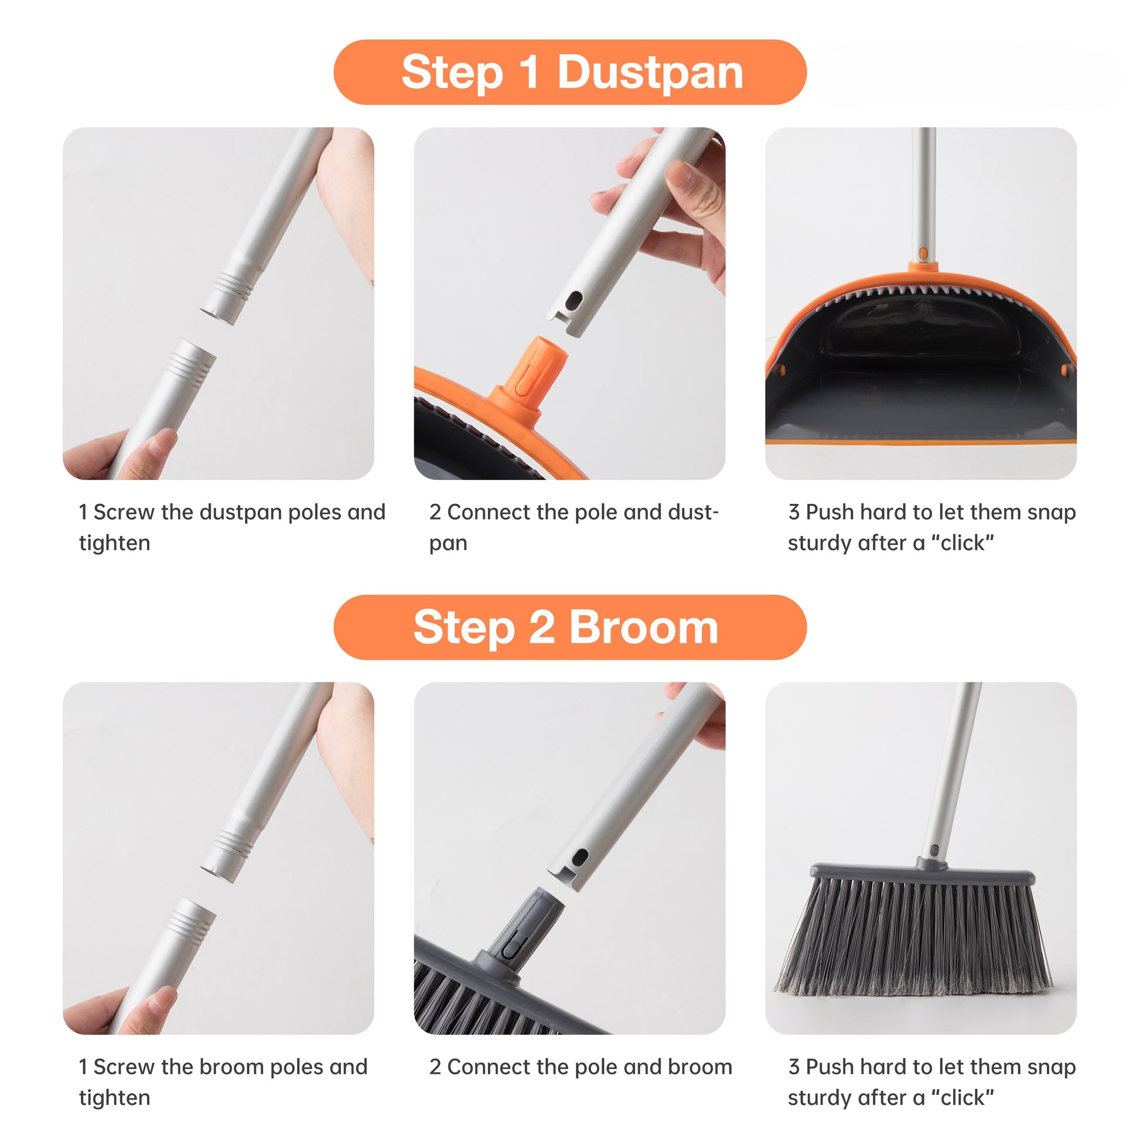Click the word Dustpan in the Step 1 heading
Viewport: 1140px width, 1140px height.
[650, 73]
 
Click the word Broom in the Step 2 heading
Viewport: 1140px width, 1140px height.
[643, 628]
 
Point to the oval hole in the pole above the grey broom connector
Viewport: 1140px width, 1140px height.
[581, 857]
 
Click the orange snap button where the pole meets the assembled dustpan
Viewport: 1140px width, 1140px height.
[923, 254]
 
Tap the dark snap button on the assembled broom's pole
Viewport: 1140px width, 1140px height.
[934, 851]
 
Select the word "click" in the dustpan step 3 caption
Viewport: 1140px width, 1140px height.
[964, 543]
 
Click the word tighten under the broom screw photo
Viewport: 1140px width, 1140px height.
[114, 1097]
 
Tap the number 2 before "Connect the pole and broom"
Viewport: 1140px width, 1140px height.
[435, 1067]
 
